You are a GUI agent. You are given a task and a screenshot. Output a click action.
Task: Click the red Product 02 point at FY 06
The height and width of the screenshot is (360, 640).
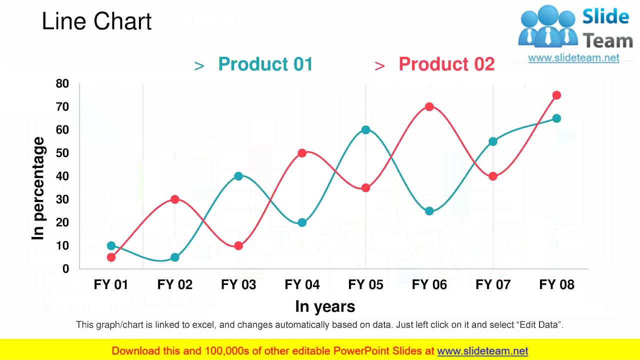point(429,106)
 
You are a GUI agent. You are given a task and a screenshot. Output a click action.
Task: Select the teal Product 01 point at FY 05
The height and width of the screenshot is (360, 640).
point(365,130)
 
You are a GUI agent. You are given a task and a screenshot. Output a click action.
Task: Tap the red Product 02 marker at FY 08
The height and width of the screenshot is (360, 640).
point(556,95)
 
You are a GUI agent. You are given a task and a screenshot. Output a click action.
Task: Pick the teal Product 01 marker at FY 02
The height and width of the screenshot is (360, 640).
point(174,257)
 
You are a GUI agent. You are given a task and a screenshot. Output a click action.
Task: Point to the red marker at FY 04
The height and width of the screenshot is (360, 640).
point(302,153)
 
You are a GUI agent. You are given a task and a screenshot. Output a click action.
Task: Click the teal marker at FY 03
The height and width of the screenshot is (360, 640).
point(238,176)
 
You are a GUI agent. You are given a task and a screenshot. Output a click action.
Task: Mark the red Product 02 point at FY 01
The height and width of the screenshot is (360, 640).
point(111,257)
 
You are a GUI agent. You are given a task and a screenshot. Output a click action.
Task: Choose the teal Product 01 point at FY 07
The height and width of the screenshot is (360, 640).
point(493,141)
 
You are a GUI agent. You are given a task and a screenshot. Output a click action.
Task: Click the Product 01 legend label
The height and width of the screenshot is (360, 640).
point(265,64)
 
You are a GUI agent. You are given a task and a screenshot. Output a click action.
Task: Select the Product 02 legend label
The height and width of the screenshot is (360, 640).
point(446,64)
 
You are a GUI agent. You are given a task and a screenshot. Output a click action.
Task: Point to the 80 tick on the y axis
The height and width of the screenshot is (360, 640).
point(62,83)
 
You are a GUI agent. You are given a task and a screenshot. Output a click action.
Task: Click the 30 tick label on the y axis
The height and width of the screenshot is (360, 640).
point(62,199)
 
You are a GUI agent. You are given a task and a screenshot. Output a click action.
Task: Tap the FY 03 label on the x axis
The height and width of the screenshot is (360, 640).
point(238,284)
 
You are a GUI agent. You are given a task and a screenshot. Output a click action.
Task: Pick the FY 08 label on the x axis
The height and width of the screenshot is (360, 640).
point(556,284)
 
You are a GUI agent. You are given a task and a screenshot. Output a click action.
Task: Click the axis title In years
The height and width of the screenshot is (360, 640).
point(325,306)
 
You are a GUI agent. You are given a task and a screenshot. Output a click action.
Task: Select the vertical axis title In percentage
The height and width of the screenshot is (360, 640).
point(38,188)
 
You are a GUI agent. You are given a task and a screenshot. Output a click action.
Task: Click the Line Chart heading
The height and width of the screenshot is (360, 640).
point(96,22)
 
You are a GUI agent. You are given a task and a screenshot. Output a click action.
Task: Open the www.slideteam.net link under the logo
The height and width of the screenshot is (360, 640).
point(573,58)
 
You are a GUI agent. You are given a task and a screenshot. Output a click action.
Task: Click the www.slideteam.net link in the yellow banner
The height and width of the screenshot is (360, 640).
point(482,351)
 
